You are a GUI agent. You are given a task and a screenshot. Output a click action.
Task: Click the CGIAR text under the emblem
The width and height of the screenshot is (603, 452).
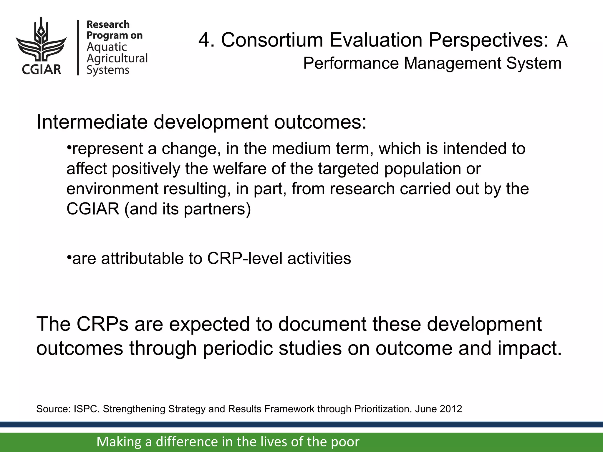pos(41,70)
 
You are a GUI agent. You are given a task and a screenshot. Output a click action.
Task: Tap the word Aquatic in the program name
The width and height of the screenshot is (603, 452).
pos(107,47)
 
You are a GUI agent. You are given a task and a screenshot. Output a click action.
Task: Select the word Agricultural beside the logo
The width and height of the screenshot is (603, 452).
pos(117,58)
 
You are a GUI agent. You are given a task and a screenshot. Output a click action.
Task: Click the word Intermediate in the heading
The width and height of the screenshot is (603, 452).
pos(92,122)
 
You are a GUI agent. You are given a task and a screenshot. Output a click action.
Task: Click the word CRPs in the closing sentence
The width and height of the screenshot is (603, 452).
pos(102,324)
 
